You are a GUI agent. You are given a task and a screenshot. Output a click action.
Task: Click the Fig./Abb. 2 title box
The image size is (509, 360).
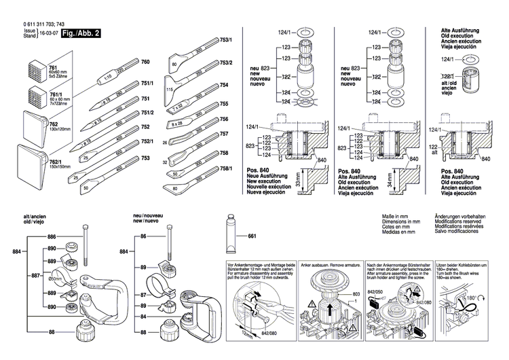coord(81,32)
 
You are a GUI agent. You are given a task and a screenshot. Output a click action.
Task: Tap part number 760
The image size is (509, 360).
coord(145,62)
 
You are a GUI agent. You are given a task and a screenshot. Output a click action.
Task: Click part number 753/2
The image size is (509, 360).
coord(225,62)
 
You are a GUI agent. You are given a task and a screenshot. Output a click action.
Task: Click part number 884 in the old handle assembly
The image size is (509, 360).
coord(18,253)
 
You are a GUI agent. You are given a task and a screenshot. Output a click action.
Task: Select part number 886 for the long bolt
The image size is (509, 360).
coord(50,236)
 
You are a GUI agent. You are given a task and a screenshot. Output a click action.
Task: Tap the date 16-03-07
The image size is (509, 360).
coord(47,34)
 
